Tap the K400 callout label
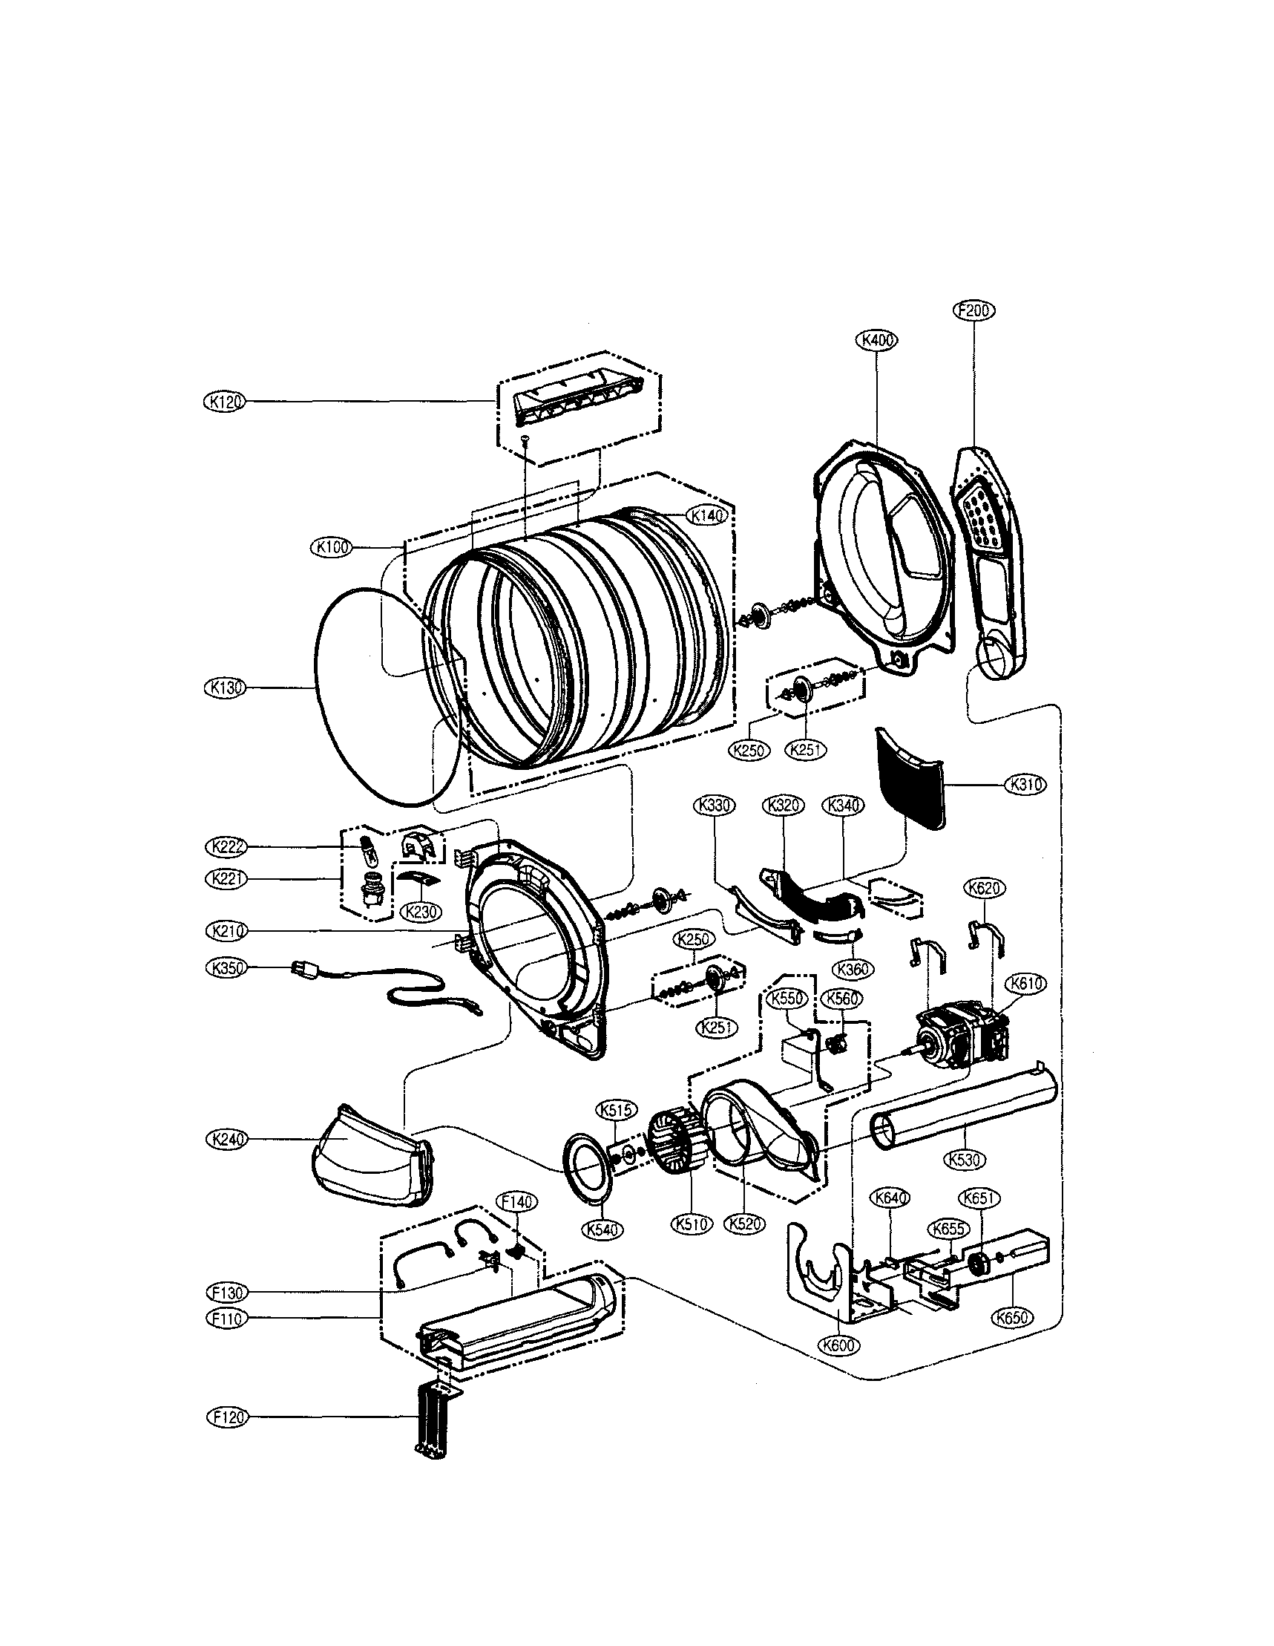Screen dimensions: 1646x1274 pyautogui.click(x=877, y=340)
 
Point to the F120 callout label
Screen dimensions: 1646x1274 pyautogui.click(x=226, y=1417)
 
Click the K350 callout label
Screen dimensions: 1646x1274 pyautogui.click(x=226, y=967)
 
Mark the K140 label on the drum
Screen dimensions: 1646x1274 pyautogui.click(x=706, y=515)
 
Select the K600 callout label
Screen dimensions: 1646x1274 pyautogui.click(x=838, y=1345)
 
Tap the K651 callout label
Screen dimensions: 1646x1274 pyautogui.click(x=979, y=1198)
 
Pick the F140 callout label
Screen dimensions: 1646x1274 pyautogui.click(x=516, y=1201)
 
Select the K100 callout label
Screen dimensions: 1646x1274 pyautogui.click(x=331, y=548)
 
